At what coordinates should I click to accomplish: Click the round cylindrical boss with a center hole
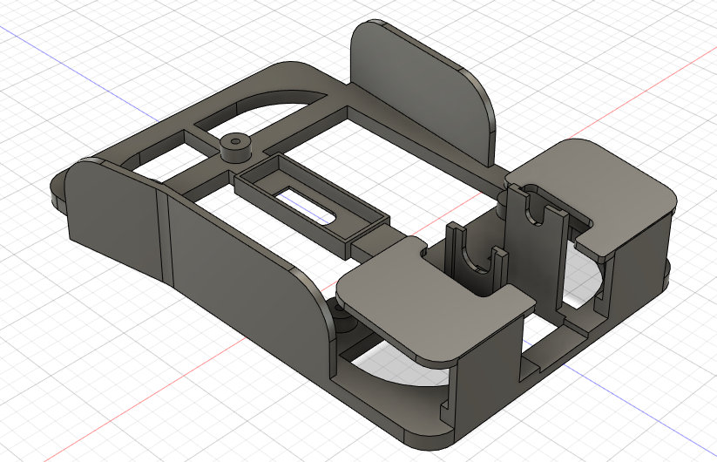234,146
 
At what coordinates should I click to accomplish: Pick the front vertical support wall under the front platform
488,366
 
